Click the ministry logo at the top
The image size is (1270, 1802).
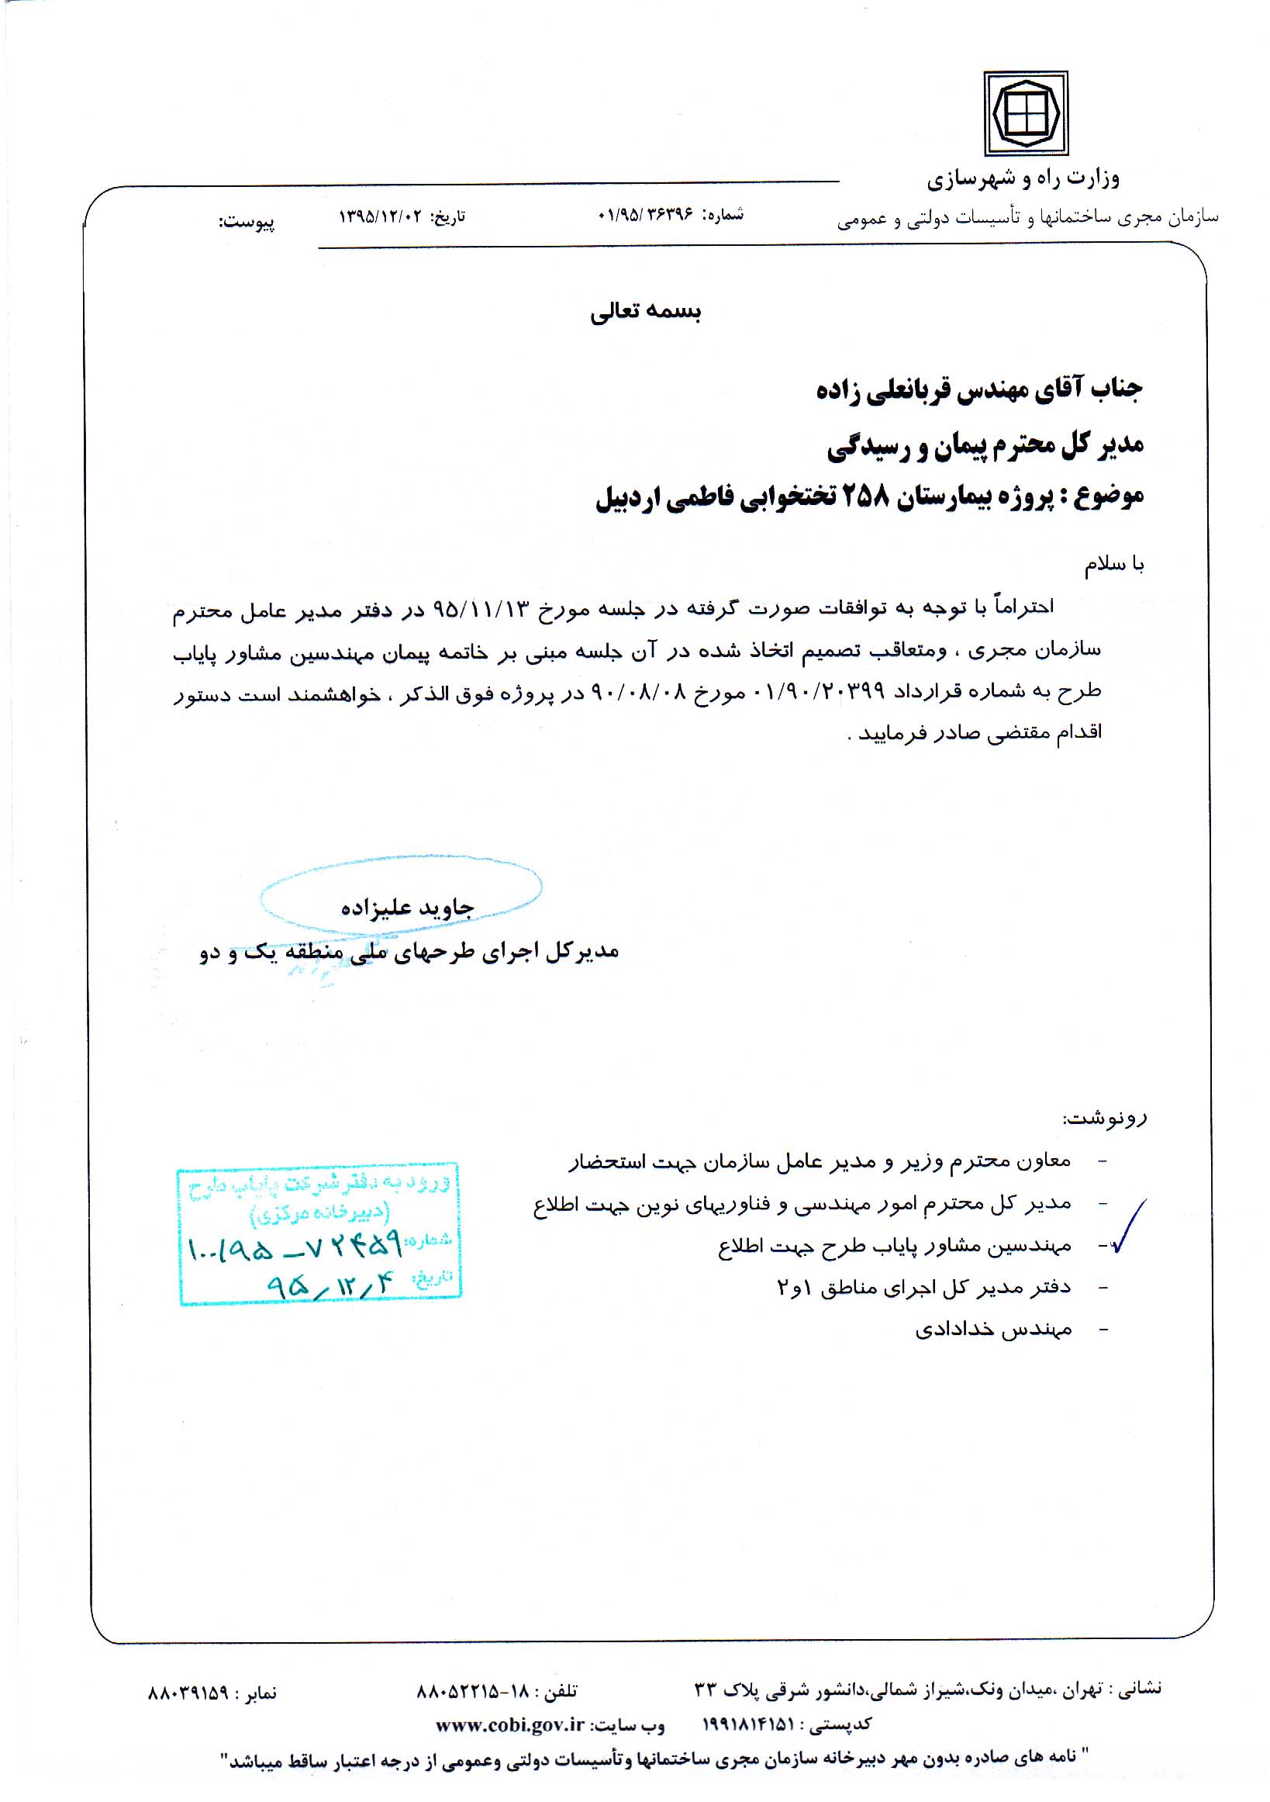(1025, 114)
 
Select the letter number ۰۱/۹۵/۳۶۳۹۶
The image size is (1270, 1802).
(645, 214)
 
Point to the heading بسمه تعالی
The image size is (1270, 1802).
(645, 312)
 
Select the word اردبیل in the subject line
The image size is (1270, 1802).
(627, 497)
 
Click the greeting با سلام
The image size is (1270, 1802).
(1114, 564)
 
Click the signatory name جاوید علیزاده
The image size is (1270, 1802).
(407, 908)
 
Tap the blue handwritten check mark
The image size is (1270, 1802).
(1130, 1226)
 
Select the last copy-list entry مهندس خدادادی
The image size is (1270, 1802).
(993, 1330)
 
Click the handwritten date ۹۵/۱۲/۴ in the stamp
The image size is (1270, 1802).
(327, 1285)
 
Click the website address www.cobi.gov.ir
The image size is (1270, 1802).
(511, 1724)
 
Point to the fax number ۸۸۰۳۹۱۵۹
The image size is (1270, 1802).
(188, 1693)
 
